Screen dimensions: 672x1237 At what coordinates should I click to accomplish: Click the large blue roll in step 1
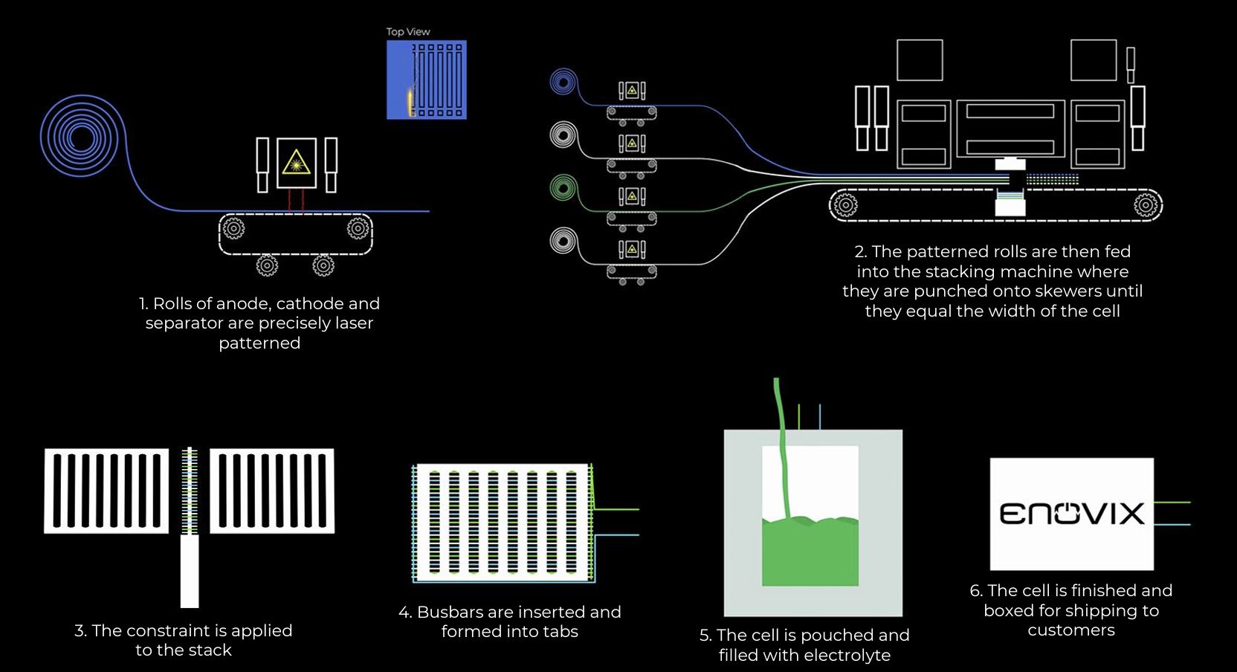coord(80,137)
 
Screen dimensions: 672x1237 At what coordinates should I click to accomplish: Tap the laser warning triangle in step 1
coord(296,161)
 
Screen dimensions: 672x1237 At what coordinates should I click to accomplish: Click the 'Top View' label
coord(408,32)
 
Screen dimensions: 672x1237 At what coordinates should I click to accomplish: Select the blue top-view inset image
coord(426,80)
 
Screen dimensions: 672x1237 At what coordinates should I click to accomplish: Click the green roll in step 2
coord(563,188)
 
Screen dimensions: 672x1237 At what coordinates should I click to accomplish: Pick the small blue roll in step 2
coord(563,81)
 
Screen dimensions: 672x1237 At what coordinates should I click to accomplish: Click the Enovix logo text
coord(1071,514)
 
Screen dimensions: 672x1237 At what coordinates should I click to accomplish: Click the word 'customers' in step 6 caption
coord(1070,630)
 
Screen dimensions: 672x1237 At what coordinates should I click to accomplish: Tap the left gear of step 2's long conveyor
coord(845,204)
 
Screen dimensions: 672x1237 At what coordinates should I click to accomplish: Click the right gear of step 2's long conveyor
coord(1146,204)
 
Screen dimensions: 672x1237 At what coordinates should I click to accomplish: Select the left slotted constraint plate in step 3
coord(106,491)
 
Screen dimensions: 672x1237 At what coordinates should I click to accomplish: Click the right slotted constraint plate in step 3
coord(272,491)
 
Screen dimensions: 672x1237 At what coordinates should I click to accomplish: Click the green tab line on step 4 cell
coord(617,509)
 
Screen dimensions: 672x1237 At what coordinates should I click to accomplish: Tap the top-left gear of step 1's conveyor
coord(233,228)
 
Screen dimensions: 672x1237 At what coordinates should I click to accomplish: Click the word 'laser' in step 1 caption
coord(353,323)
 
